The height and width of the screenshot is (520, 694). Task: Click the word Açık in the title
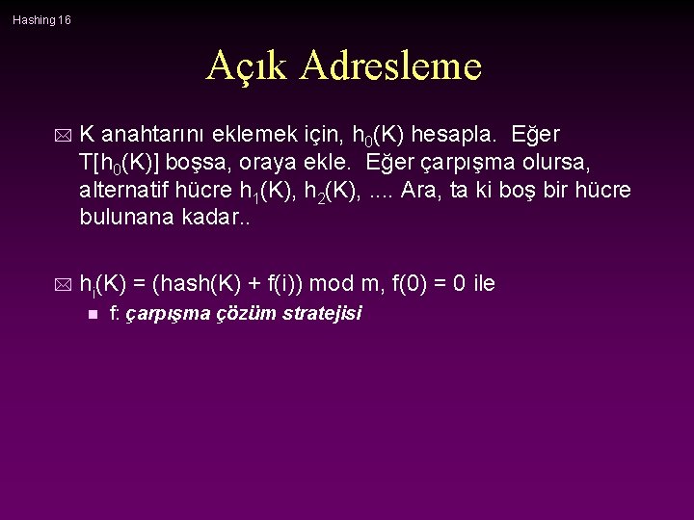pyautogui.click(x=248, y=65)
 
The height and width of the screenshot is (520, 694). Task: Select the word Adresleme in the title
pyautogui.click(x=390, y=65)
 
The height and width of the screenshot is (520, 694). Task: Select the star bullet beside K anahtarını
pyautogui.click(x=65, y=133)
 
